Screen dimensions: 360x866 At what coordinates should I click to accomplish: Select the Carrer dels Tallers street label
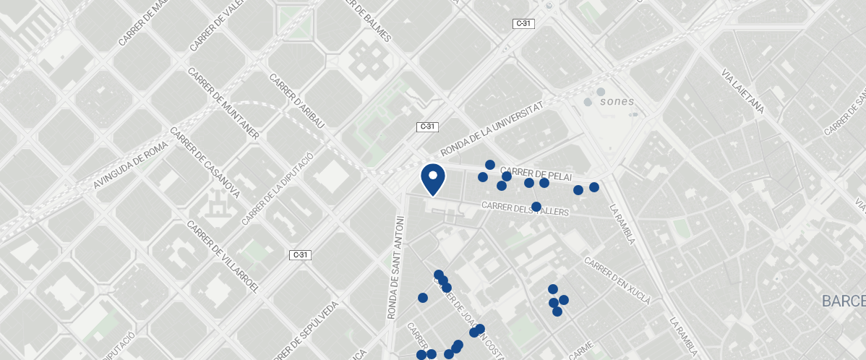coord(525,209)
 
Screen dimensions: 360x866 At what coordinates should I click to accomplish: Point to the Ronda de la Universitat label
coord(492,129)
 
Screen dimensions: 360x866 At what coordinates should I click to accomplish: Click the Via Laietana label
coord(742,93)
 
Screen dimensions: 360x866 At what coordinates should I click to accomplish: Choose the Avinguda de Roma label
coord(130,166)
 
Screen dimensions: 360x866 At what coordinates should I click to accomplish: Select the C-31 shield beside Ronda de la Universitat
coord(427,127)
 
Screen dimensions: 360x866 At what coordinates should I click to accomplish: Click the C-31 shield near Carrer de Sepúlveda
coord(301,254)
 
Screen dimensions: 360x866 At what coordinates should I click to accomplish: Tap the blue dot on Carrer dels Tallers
coord(536,207)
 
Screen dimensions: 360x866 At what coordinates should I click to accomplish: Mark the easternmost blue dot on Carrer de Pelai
coord(594,187)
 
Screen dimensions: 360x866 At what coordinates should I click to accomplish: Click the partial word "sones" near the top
coord(617,101)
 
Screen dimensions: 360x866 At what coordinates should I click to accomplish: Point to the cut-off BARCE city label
coord(843,300)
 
